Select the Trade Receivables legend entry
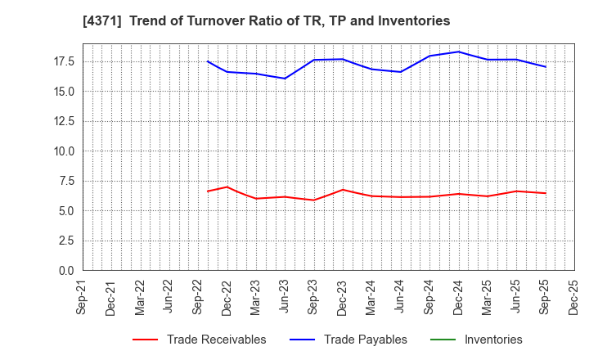coord(216,340)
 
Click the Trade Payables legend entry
coord(365,340)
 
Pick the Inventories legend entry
coord(492,340)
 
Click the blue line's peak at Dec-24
coord(458,52)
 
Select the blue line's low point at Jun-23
coord(285,79)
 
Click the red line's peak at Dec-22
coord(227,187)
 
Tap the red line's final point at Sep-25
coord(545,193)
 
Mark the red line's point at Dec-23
coord(343,190)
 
